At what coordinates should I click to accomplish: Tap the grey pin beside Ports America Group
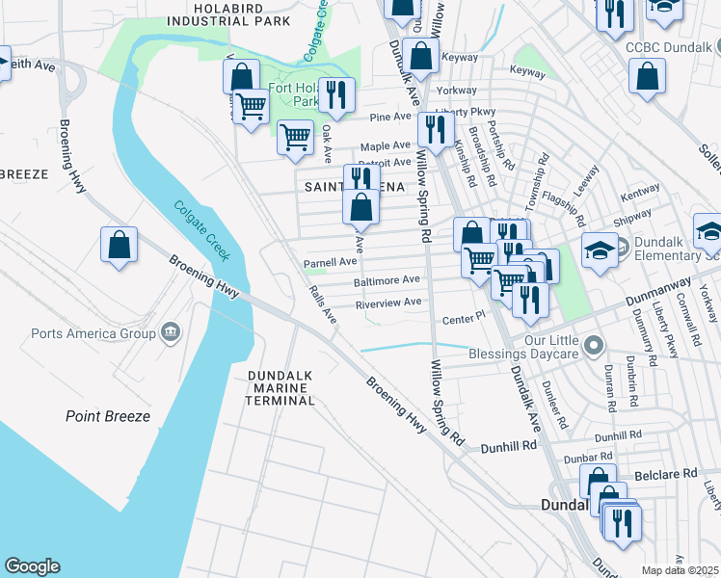click(x=171, y=333)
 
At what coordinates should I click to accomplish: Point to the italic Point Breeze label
click(x=108, y=416)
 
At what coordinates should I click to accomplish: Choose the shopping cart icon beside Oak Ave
click(x=294, y=137)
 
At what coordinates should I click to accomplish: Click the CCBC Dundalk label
click(x=666, y=47)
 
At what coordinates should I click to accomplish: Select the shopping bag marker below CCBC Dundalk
click(x=647, y=76)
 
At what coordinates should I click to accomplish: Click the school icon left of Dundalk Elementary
click(x=599, y=250)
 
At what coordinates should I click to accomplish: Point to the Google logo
click(x=32, y=566)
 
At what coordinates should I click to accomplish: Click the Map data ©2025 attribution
click(x=680, y=570)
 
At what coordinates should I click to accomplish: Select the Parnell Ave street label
click(x=331, y=261)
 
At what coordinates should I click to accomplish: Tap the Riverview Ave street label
click(x=388, y=302)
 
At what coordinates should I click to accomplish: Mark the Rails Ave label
click(x=322, y=302)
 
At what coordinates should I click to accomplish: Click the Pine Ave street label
click(x=390, y=118)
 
